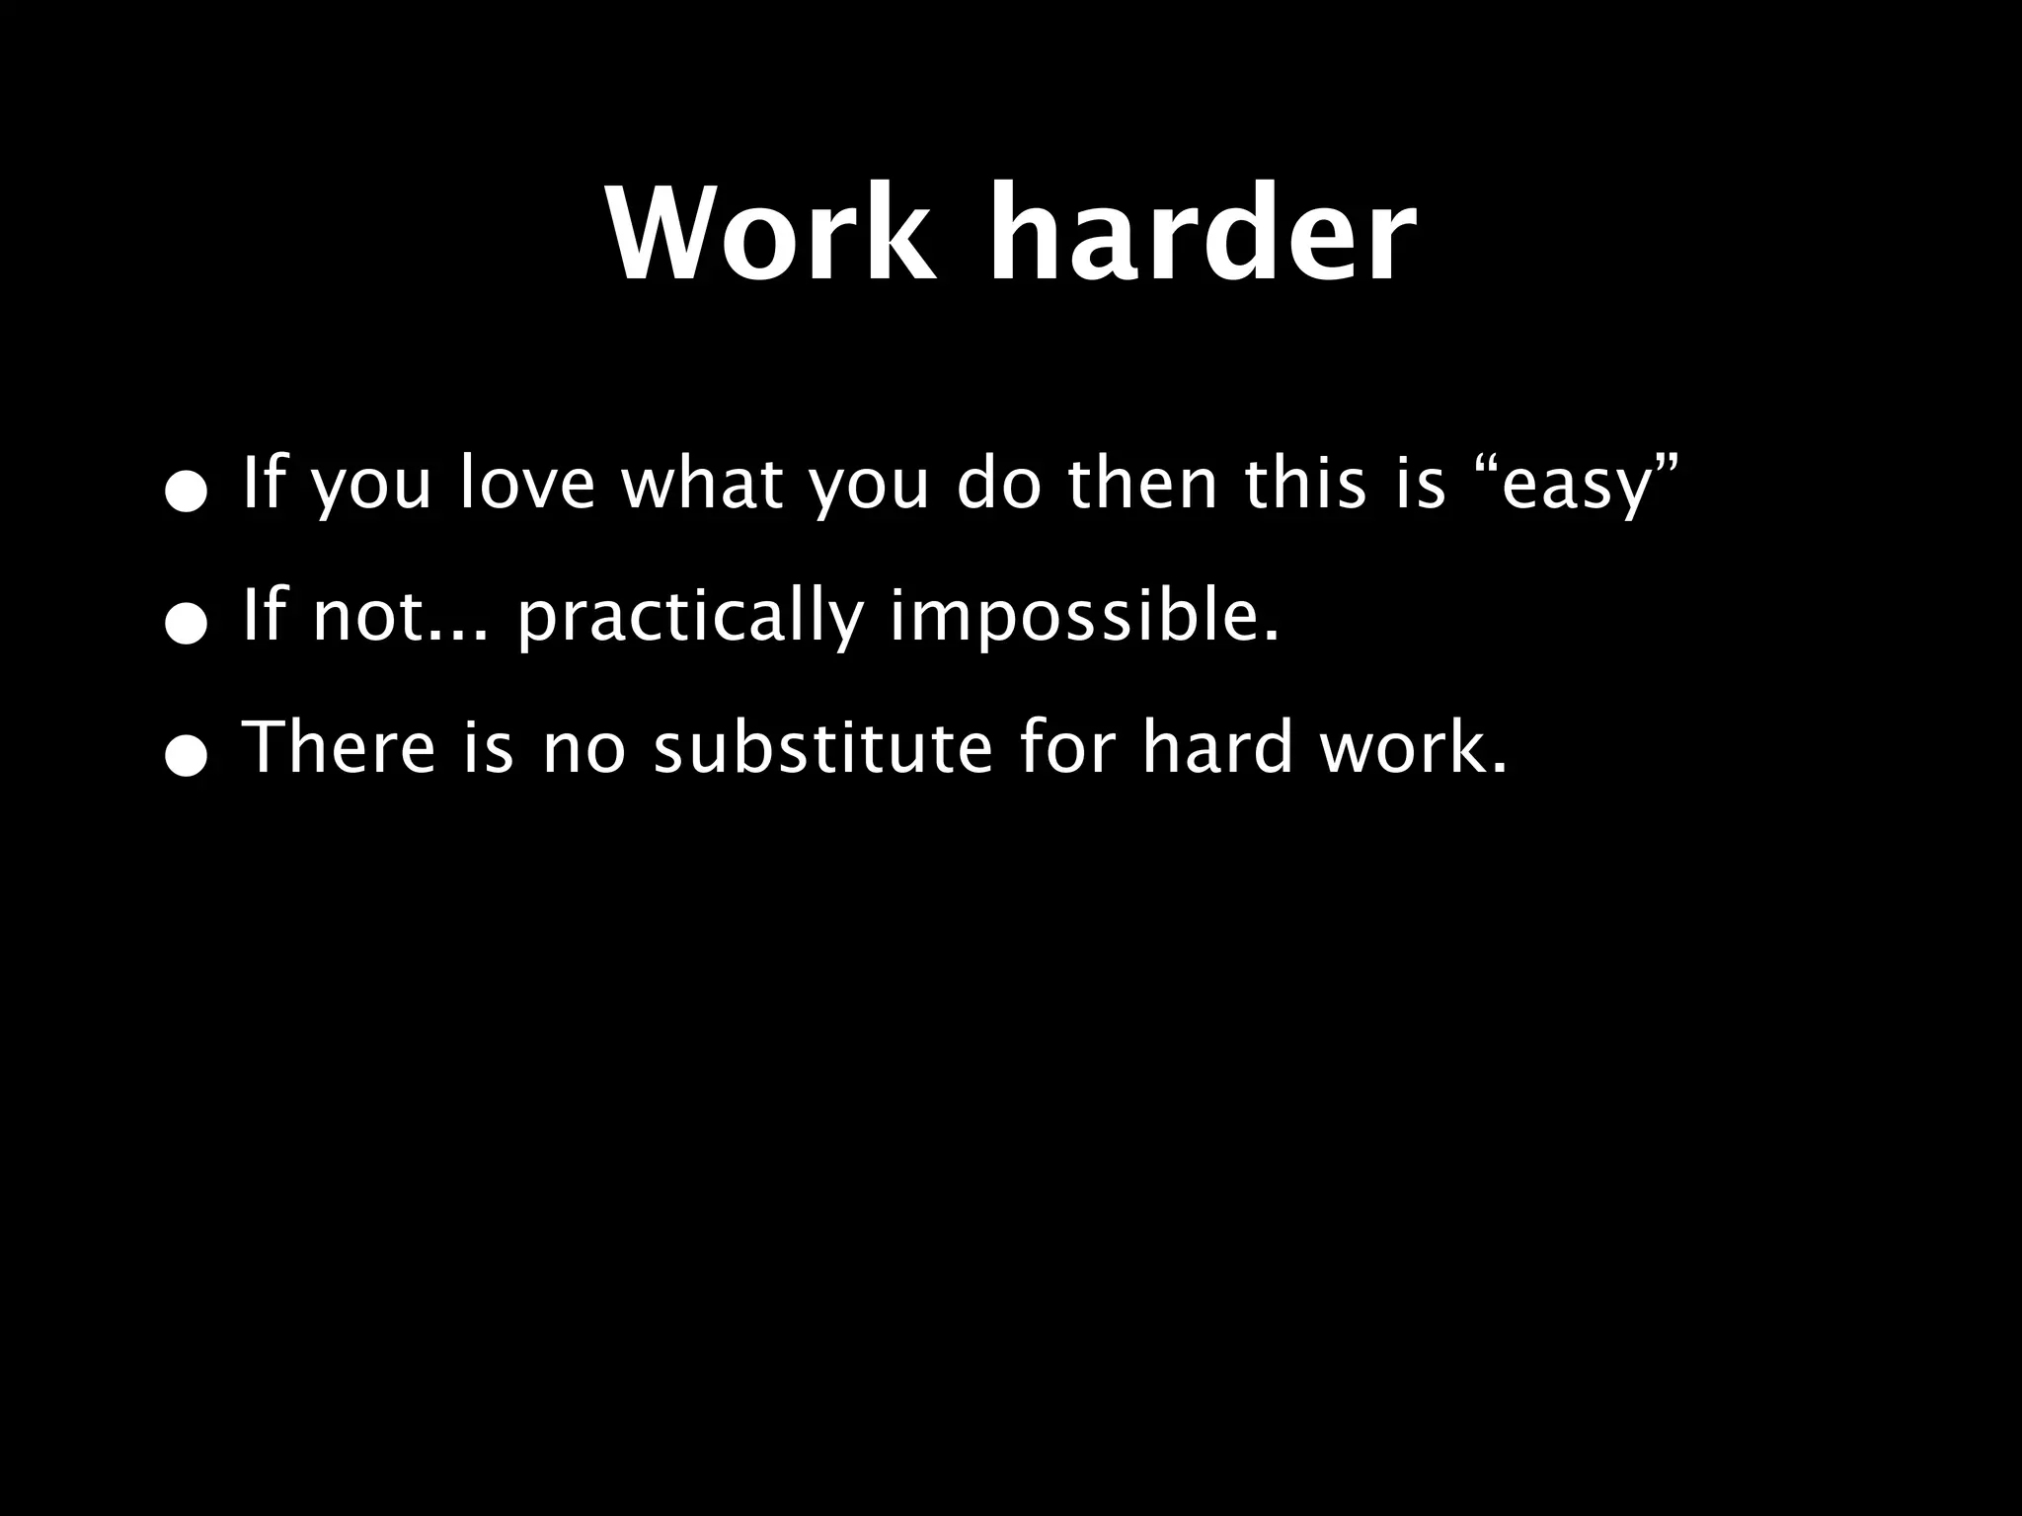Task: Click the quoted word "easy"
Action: [x=1576, y=486]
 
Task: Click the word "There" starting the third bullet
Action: [x=338, y=747]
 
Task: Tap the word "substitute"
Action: [x=822, y=747]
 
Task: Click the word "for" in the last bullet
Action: [x=1067, y=747]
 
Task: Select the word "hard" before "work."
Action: [x=1216, y=747]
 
